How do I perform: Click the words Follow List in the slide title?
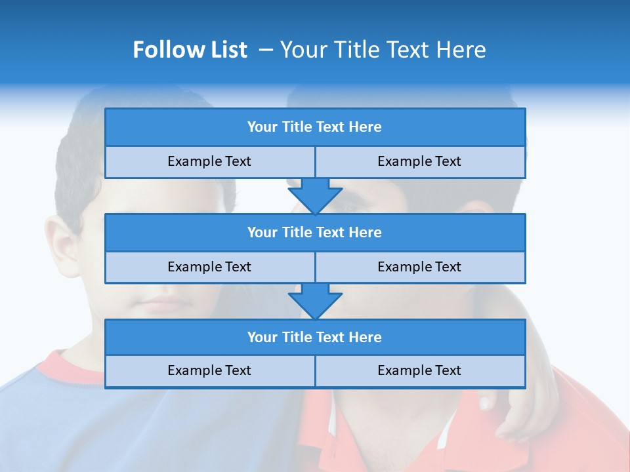point(190,50)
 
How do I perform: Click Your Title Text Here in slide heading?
point(383,50)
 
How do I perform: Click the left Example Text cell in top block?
point(210,162)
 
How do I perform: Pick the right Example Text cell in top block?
point(420,162)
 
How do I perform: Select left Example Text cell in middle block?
point(210,267)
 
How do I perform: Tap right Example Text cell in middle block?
point(420,267)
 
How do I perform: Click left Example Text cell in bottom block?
point(210,371)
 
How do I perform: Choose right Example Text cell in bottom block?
point(420,371)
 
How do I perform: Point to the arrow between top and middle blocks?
point(315,195)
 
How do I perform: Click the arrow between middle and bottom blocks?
point(315,301)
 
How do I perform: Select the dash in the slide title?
point(266,50)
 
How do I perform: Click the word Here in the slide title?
point(463,50)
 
